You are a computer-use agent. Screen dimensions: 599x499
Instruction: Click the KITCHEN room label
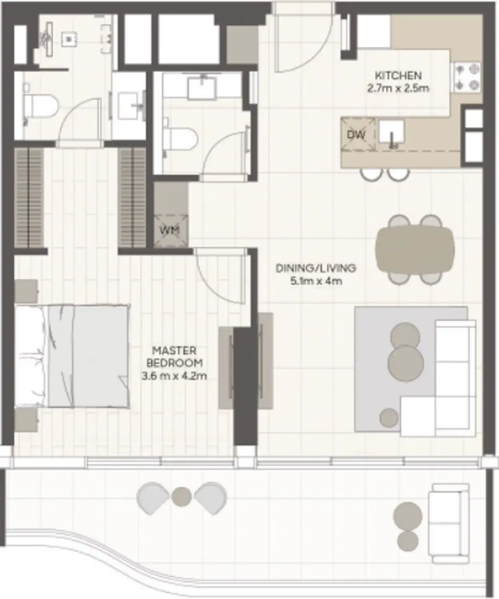click(x=398, y=75)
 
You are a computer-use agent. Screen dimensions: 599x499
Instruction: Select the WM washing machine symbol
click(x=170, y=230)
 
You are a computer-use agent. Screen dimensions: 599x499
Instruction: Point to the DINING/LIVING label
click(x=316, y=268)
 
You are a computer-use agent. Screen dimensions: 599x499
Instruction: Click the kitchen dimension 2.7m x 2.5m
click(x=398, y=88)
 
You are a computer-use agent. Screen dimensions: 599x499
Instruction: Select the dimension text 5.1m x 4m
click(x=316, y=281)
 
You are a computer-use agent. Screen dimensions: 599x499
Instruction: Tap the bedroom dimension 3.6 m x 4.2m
click(x=174, y=376)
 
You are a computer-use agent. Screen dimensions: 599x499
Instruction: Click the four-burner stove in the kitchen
click(x=467, y=77)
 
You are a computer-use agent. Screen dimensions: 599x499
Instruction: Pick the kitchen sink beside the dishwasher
click(x=391, y=133)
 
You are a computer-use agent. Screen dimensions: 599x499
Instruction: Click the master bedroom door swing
click(x=220, y=276)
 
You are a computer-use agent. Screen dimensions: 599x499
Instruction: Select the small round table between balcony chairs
click(x=182, y=496)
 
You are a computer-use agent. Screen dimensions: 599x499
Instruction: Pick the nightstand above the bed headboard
click(x=26, y=291)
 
